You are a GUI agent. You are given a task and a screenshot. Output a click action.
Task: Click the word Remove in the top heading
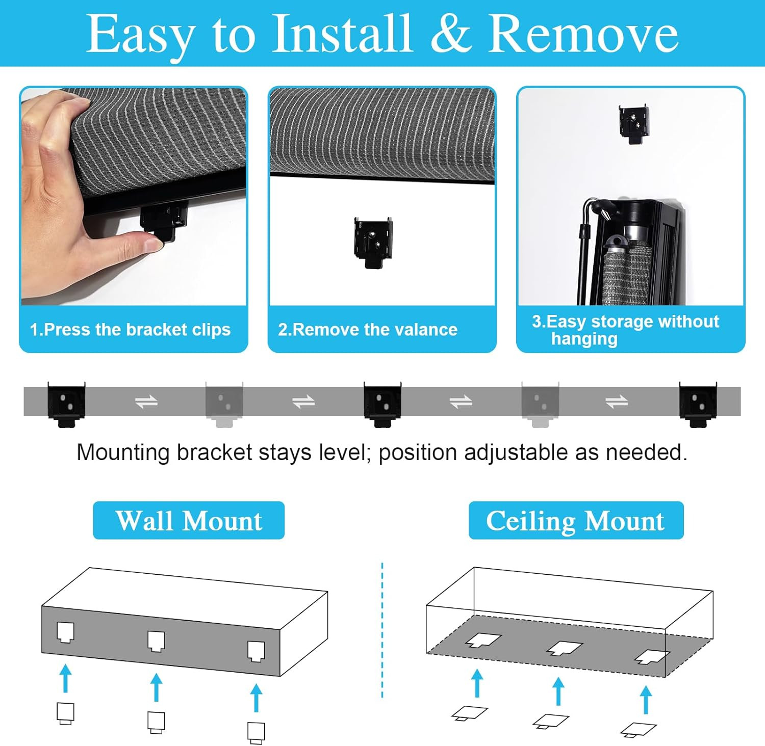(x=583, y=33)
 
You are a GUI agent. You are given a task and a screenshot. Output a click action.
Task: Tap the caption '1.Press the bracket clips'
(x=130, y=330)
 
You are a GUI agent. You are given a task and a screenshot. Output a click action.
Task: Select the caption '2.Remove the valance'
(x=368, y=330)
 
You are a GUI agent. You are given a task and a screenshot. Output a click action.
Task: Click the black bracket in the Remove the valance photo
(x=374, y=243)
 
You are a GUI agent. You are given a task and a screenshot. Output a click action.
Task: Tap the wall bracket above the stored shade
(x=633, y=124)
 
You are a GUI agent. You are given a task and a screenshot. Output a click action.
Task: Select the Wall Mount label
(x=189, y=520)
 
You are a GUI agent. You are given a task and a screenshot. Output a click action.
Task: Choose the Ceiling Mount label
(x=576, y=520)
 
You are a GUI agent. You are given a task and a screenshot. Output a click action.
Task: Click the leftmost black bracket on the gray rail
(x=66, y=404)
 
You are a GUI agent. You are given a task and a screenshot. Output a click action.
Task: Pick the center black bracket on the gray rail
(x=382, y=404)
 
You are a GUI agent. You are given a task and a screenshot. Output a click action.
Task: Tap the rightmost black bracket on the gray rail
(x=698, y=404)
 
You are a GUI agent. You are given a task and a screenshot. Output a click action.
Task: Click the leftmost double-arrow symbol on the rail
(x=146, y=403)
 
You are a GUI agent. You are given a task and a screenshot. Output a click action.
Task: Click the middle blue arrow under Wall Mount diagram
(x=157, y=687)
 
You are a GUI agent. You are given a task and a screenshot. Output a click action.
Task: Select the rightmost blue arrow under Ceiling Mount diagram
(x=646, y=700)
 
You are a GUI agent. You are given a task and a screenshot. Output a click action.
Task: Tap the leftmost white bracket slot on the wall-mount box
(x=65, y=632)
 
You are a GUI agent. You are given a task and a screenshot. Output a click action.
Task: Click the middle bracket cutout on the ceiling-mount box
(x=565, y=648)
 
